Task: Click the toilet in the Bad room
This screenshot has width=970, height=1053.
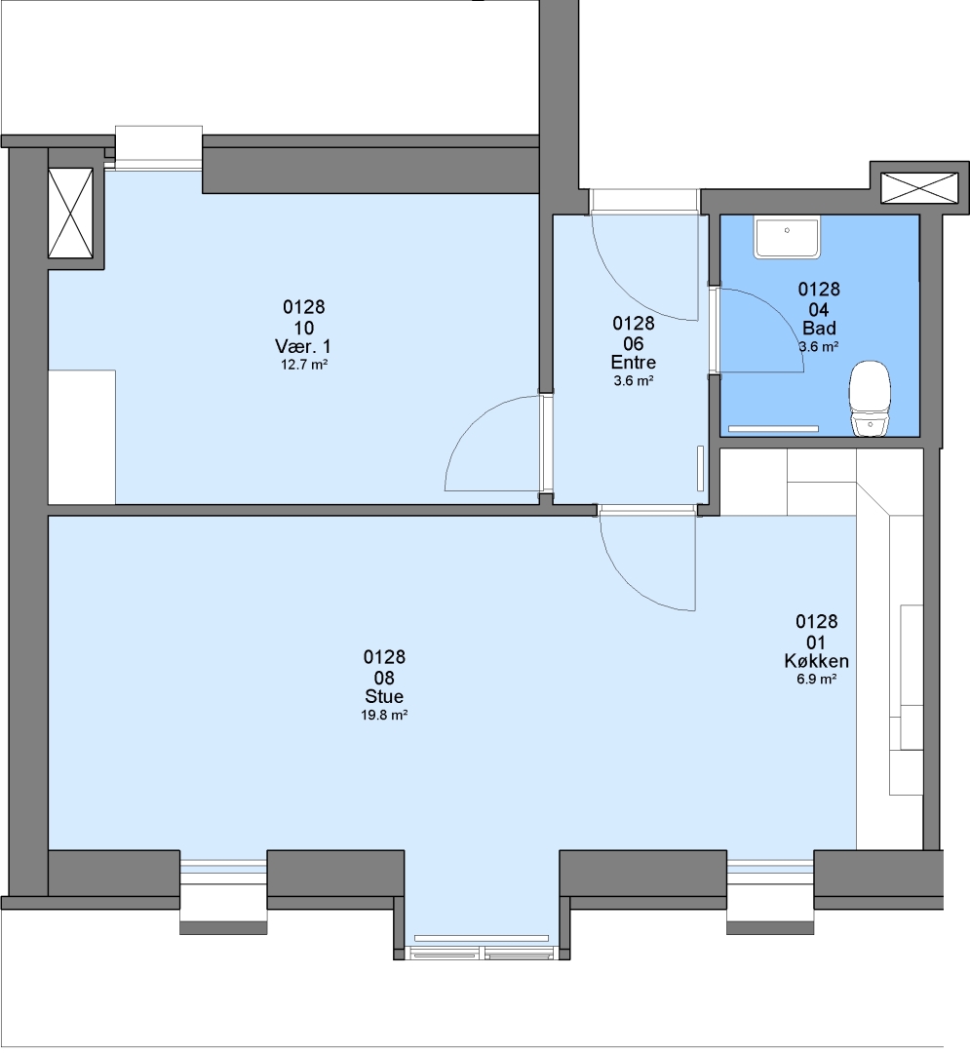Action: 870,399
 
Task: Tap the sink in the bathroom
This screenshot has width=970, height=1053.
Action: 787,237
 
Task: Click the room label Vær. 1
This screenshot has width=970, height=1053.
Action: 303,346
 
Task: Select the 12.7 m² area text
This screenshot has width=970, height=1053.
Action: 303,366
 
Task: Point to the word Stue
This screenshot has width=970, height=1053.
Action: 384,696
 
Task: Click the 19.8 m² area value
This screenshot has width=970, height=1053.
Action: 384,716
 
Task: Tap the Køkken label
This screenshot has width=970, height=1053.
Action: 816,661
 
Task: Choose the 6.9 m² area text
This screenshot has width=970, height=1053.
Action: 816,679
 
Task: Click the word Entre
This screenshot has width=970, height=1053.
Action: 633,363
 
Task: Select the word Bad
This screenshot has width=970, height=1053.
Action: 819,329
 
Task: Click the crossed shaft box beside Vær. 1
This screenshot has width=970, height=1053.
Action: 70,213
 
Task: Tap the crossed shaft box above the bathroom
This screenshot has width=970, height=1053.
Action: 919,187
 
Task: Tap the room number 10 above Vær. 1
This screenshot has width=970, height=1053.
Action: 303,328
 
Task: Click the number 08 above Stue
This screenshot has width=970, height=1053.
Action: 384,678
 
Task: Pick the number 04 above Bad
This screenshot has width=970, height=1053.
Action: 819,310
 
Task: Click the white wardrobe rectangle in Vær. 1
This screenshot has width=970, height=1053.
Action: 82,437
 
